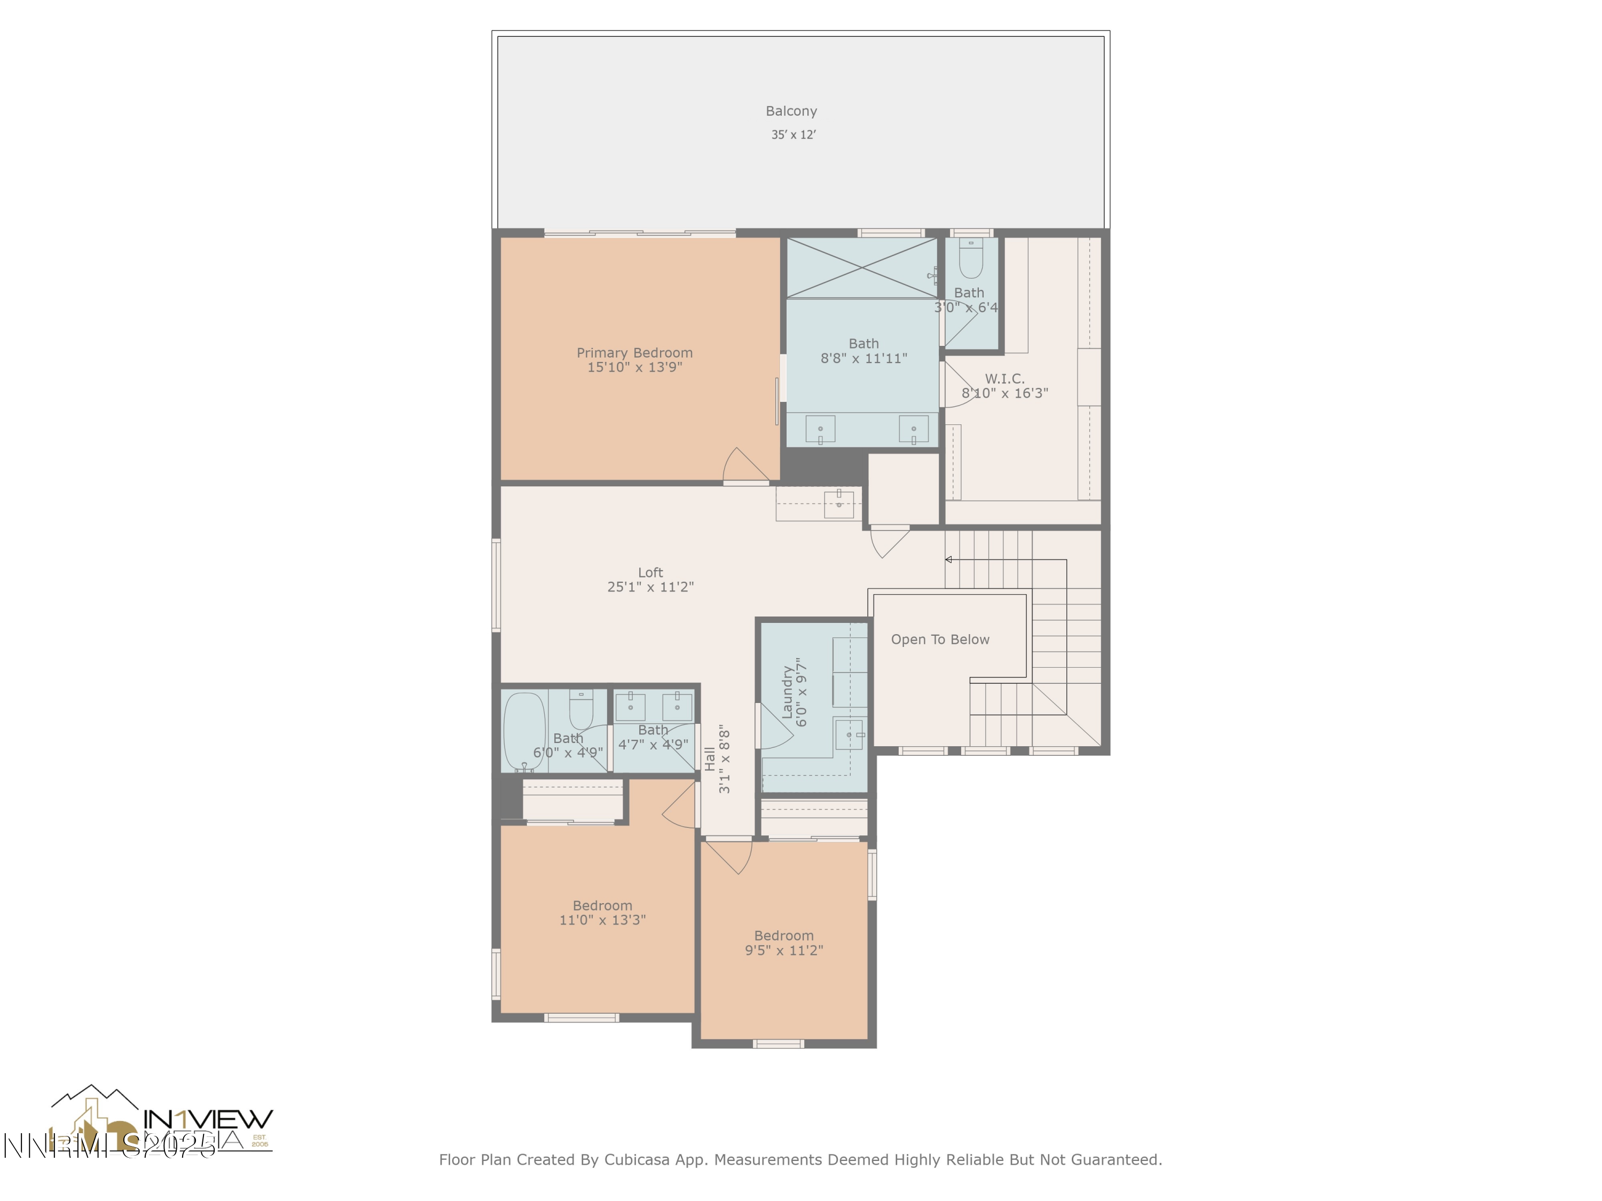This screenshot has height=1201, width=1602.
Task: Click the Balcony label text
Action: pyautogui.click(x=791, y=111)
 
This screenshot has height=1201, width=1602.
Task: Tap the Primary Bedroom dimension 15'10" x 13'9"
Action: pyautogui.click(x=634, y=367)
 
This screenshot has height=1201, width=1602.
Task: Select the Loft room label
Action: pyautogui.click(x=650, y=572)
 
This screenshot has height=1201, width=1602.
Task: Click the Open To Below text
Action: pyautogui.click(x=939, y=639)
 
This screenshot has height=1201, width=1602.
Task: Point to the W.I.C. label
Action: pyautogui.click(x=1004, y=378)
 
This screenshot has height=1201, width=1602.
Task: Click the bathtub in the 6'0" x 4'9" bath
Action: pyautogui.click(x=524, y=731)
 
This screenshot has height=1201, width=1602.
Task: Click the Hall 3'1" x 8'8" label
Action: pyautogui.click(x=717, y=760)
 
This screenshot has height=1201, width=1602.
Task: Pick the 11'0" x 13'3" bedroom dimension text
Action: pyautogui.click(x=602, y=920)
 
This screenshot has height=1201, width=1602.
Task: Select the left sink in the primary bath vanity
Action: pyautogui.click(x=820, y=429)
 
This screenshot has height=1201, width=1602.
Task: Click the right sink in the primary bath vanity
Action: pyautogui.click(x=913, y=429)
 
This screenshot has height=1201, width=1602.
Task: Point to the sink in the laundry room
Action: pyautogui.click(x=849, y=735)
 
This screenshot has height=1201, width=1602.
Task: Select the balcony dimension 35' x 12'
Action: pyautogui.click(x=793, y=135)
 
